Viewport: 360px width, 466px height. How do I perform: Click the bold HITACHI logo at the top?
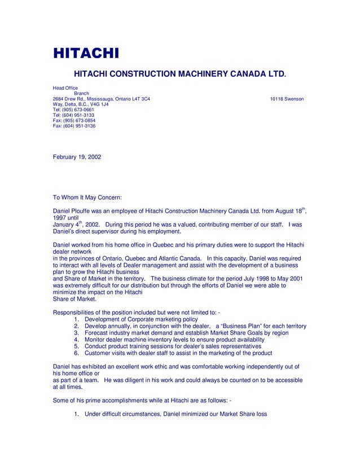[x=86, y=54]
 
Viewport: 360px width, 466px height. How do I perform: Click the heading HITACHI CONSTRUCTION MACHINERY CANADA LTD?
[x=180, y=74]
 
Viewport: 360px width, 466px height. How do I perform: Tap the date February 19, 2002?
[x=77, y=157]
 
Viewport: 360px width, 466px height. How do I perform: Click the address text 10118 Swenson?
[x=287, y=99]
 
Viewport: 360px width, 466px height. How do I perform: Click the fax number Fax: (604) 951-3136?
[x=74, y=126]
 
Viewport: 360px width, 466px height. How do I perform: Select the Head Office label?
[x=65, y=89]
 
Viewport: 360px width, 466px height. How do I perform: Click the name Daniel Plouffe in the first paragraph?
[x=76, y=212]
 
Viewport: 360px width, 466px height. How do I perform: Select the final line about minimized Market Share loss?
[x=175, y=415]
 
